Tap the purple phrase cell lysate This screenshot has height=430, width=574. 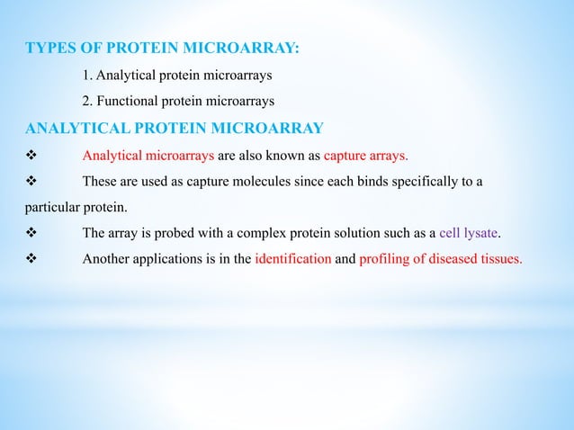468,233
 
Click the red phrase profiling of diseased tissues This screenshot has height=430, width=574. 440,260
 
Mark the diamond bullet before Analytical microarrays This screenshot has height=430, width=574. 30,155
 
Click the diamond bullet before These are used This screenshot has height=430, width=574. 30,182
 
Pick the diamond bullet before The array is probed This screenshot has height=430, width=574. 30,234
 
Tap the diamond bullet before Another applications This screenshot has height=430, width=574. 30,260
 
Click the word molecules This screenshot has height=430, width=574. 267,182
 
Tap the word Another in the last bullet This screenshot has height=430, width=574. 106,260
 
